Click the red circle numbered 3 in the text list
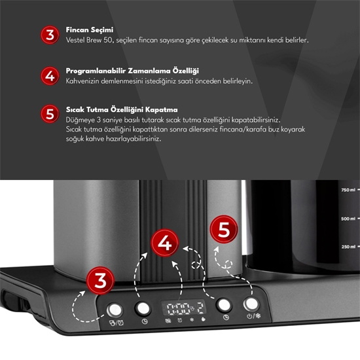[x=50, y=35]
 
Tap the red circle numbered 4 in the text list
[x=50, y=75]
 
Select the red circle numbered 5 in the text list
[x=50, y=114]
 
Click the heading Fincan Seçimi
[x=90, y=30]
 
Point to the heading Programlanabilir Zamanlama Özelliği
[x=132, y=70]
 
